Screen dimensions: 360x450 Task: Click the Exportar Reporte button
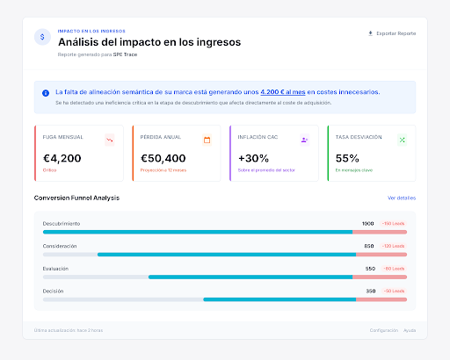point(392,33)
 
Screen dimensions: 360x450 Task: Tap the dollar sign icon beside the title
point(42,37)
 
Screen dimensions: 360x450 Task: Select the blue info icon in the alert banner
point(46,92)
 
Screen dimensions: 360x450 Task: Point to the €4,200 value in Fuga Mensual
point(62,159)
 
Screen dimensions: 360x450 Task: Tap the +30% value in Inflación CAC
point(253,159)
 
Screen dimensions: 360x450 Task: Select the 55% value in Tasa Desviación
point(347,159)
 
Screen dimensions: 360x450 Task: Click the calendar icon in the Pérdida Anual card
point(207,140)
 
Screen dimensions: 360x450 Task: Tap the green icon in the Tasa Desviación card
point(402,140)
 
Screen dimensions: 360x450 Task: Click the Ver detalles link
point(401,198)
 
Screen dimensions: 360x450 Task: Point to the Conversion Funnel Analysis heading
point(76,198)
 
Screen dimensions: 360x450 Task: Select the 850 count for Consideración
point(369,246)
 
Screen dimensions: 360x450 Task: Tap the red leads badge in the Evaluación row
point(393,268)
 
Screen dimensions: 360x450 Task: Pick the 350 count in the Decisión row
point(370,290)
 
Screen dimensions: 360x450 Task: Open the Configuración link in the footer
point(383,330)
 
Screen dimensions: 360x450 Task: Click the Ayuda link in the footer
point(410,330)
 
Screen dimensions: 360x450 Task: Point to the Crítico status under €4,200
point(50,170)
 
